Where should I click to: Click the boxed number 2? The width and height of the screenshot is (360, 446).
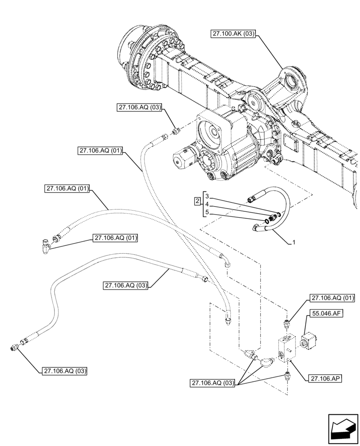197,202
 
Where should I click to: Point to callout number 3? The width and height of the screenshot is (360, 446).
207,196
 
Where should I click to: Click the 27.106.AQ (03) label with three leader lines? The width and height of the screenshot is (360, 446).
213,383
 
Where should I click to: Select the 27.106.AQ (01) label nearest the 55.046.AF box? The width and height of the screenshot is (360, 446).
333,298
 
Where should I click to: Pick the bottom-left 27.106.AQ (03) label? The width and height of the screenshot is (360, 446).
65,371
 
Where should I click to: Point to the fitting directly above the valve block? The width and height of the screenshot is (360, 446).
288,322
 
